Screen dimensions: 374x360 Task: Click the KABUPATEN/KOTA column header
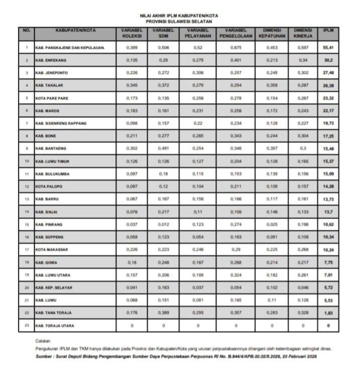75,30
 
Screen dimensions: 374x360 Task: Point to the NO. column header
27,30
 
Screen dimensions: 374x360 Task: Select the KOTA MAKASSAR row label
51,249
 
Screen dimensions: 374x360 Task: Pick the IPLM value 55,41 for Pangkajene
329,48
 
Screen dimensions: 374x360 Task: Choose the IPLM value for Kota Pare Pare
329,98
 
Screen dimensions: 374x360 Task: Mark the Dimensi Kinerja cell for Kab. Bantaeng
303,149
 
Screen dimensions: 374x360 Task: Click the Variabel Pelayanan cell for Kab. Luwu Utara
198,274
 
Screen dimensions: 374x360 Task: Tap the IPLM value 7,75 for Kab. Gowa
329,262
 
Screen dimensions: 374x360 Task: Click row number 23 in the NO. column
27,325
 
